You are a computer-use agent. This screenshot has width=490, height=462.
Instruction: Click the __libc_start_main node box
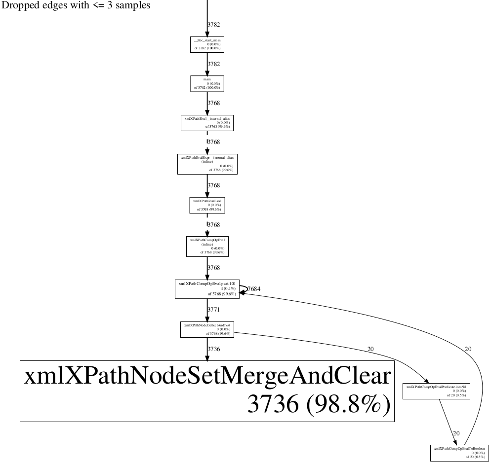(207, 44)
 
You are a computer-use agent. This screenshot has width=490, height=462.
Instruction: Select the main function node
(207, 83)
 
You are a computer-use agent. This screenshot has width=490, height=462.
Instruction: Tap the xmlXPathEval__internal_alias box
(207, 123)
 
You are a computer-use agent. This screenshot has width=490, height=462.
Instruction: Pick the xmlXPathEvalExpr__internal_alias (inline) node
(207, 164)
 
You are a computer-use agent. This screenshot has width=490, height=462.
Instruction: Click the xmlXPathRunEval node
(207, 205)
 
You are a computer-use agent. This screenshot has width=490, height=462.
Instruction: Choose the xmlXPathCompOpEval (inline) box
(207, 246)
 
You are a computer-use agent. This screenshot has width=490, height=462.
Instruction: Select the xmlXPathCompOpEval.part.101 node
(207, 289)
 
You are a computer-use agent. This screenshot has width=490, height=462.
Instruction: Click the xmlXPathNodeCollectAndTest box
(207, 329)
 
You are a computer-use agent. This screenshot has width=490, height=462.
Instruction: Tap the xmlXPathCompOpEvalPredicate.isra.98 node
(436, 391)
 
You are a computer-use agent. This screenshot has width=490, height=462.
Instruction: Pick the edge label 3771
(213, 310)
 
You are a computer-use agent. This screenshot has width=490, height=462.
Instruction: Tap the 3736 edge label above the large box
(213, 349)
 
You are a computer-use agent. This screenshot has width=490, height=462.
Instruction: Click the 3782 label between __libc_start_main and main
(213, 64)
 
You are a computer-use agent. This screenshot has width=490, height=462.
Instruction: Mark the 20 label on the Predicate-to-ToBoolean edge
(456, 433)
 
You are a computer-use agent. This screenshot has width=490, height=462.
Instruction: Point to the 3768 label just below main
(213, 103)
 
